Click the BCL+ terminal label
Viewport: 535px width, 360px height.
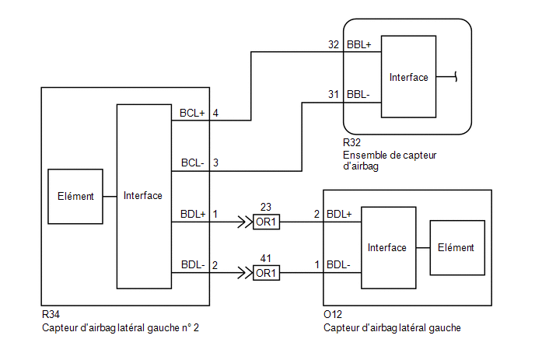[192, 113]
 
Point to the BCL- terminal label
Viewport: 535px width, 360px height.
[192, 163]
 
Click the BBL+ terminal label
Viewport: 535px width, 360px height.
[359, 44]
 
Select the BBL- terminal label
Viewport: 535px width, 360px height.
[358, 94]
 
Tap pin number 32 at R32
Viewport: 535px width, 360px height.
[334, 44]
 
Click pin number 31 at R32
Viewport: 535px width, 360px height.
[334, 94]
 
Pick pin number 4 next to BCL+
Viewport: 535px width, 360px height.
[215, 113]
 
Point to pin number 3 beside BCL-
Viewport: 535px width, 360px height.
[215, 163]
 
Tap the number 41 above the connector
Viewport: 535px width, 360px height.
[266, 258]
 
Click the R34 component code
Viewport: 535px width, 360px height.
[51, 314]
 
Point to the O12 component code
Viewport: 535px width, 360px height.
[333, 314]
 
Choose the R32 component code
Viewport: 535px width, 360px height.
[351, 142]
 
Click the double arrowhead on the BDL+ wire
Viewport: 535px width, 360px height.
[245, 222]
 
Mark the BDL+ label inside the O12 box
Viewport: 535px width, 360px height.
[339, 214]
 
